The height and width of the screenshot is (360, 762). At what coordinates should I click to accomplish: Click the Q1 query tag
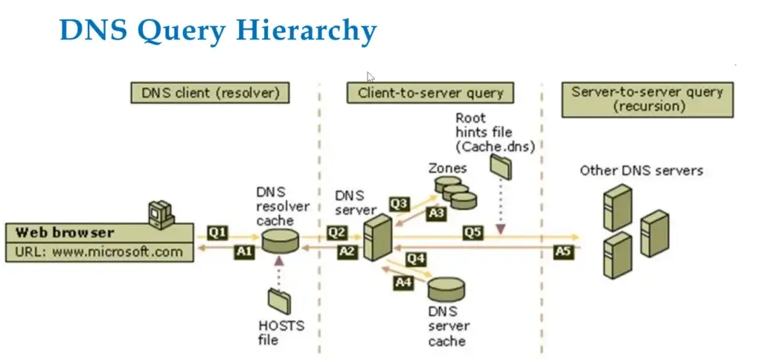click(217, 233)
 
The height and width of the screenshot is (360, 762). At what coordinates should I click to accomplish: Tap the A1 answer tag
click(243, 251)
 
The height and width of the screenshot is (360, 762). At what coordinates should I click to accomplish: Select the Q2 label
click(335, 233)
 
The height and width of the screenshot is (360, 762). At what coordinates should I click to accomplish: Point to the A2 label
click(346, 251)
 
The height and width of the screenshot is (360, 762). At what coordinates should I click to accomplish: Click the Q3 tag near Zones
click(400, 202)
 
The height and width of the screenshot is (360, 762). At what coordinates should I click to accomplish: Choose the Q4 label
click(414, 258)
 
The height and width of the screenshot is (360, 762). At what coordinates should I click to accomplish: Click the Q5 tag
click(473, 233)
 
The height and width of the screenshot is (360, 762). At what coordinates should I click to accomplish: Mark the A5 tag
click(563, 251)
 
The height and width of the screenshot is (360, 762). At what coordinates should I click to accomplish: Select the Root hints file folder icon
click(501, 167)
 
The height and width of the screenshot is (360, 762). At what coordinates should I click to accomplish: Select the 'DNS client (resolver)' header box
click(210, 93)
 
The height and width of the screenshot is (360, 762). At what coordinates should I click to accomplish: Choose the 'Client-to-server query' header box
click(431, 93)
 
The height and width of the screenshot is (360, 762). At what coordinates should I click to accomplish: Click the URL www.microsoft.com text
click(99, 251)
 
